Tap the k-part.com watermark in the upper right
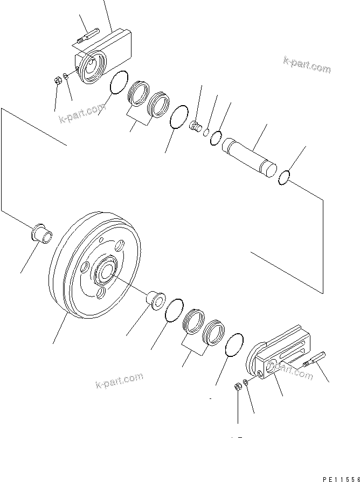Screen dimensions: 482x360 pos(307,66)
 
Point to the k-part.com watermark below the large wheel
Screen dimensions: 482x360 pos(119,381)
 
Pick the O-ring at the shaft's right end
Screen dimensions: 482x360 pos(285,177)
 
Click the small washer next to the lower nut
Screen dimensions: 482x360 pos(245,382)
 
